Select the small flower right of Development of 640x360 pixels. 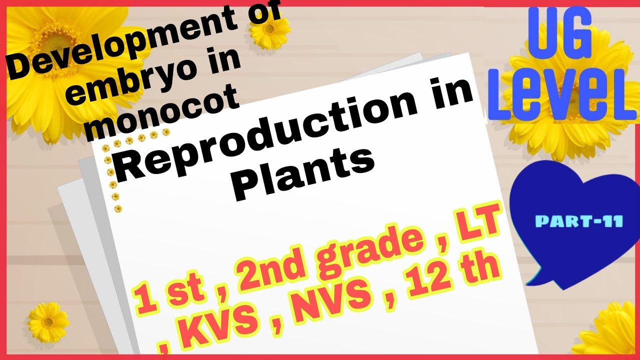[x=270, y=31]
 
